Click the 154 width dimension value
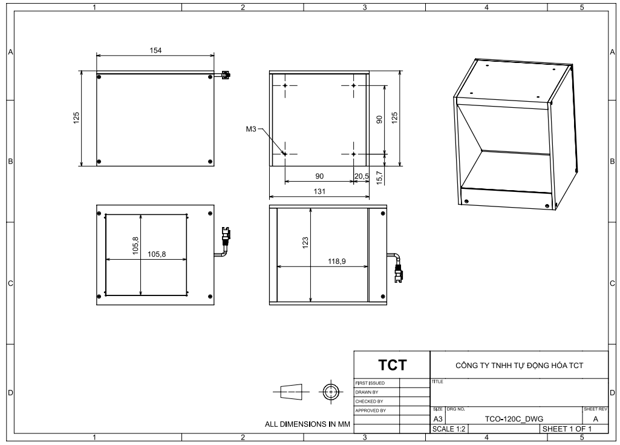[x=155, y=50]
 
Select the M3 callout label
[x=251, y=129]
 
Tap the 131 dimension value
[x=319, y=191]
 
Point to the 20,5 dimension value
[x=362, y=176]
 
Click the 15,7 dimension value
[x=379, y=178]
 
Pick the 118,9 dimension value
[x=336, y=262]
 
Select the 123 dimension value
[x=305, y=243]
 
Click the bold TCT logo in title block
[x=392, y=365]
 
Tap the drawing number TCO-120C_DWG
[x=514, y=419]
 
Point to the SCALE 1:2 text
[x=449, y=429]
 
